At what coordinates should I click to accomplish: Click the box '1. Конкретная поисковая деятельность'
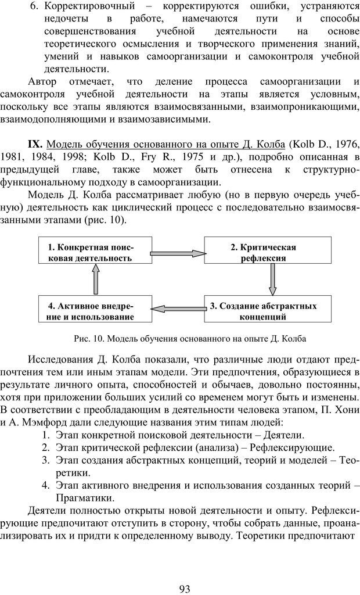tap(95, 252)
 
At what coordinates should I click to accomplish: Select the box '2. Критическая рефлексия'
tap(263, 252)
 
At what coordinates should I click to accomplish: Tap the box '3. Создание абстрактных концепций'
tap(263, 311)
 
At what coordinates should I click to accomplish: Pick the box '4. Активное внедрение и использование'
tap(95, 311)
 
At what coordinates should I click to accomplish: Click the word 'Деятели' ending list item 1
tap(283, 434)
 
